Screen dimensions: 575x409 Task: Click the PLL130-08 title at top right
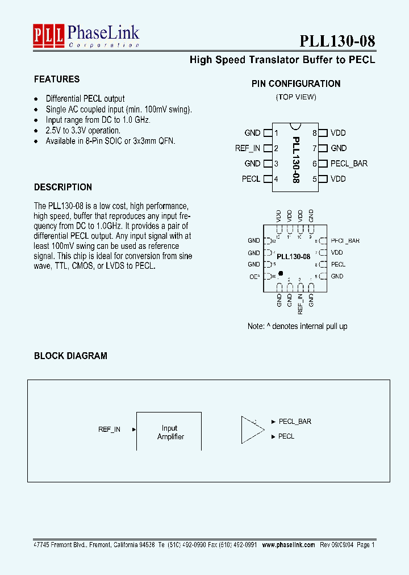[x=337, y=41]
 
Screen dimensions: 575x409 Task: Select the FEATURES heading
[x=57, y=80]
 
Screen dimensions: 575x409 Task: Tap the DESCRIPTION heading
[x=63, y=187]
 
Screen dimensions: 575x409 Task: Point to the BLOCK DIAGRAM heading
[x=70, y=356]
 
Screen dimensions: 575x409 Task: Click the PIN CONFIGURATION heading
[x=296, y=84]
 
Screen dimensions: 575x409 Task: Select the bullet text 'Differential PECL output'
[x=85, y=98]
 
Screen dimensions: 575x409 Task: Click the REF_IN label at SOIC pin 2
[x=248, y=148]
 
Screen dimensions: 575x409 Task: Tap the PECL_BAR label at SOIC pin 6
[x=349, y=164]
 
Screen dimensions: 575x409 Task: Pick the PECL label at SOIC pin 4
[x=251, y=179]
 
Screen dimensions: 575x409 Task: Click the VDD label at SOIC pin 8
[x=338, y=133]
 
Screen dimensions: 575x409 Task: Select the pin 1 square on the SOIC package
[x=267, y=133]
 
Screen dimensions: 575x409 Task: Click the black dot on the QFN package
[x=281, y=273]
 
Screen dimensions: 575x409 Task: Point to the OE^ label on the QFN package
[x=254, y=277]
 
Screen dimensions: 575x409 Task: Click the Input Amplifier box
[x=169, y=432]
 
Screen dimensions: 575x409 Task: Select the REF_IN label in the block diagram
[x=109, y=430]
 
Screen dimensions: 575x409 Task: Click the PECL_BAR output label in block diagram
[x=295, y=422]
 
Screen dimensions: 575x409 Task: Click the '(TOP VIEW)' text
[x=296, y=97]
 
